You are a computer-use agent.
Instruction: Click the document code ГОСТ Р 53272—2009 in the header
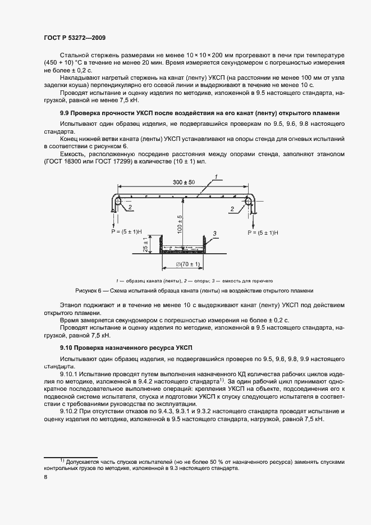[75, 38]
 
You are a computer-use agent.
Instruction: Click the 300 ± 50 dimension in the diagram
[184, 183]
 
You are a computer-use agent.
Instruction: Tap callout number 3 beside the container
[214, 232]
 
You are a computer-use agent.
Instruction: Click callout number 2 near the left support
[130, 208]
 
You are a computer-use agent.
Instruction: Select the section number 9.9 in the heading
[65, 113]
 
